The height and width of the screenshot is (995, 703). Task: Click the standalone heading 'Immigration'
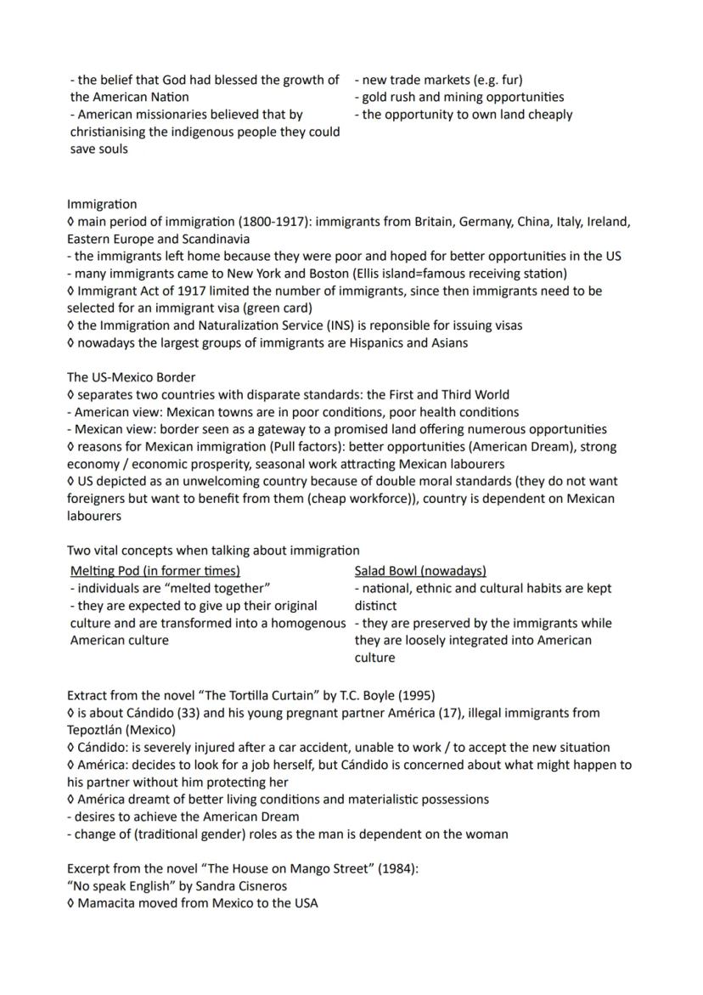pos(102,204)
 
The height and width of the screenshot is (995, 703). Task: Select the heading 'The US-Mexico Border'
pos(132,377)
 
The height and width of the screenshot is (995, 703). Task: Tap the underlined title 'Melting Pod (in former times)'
pos(155,571)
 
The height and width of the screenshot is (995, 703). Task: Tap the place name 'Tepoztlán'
pos(98,730)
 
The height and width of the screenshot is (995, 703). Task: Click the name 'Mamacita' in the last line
pos(106,903)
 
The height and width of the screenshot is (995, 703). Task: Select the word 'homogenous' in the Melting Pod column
pos(306,623)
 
